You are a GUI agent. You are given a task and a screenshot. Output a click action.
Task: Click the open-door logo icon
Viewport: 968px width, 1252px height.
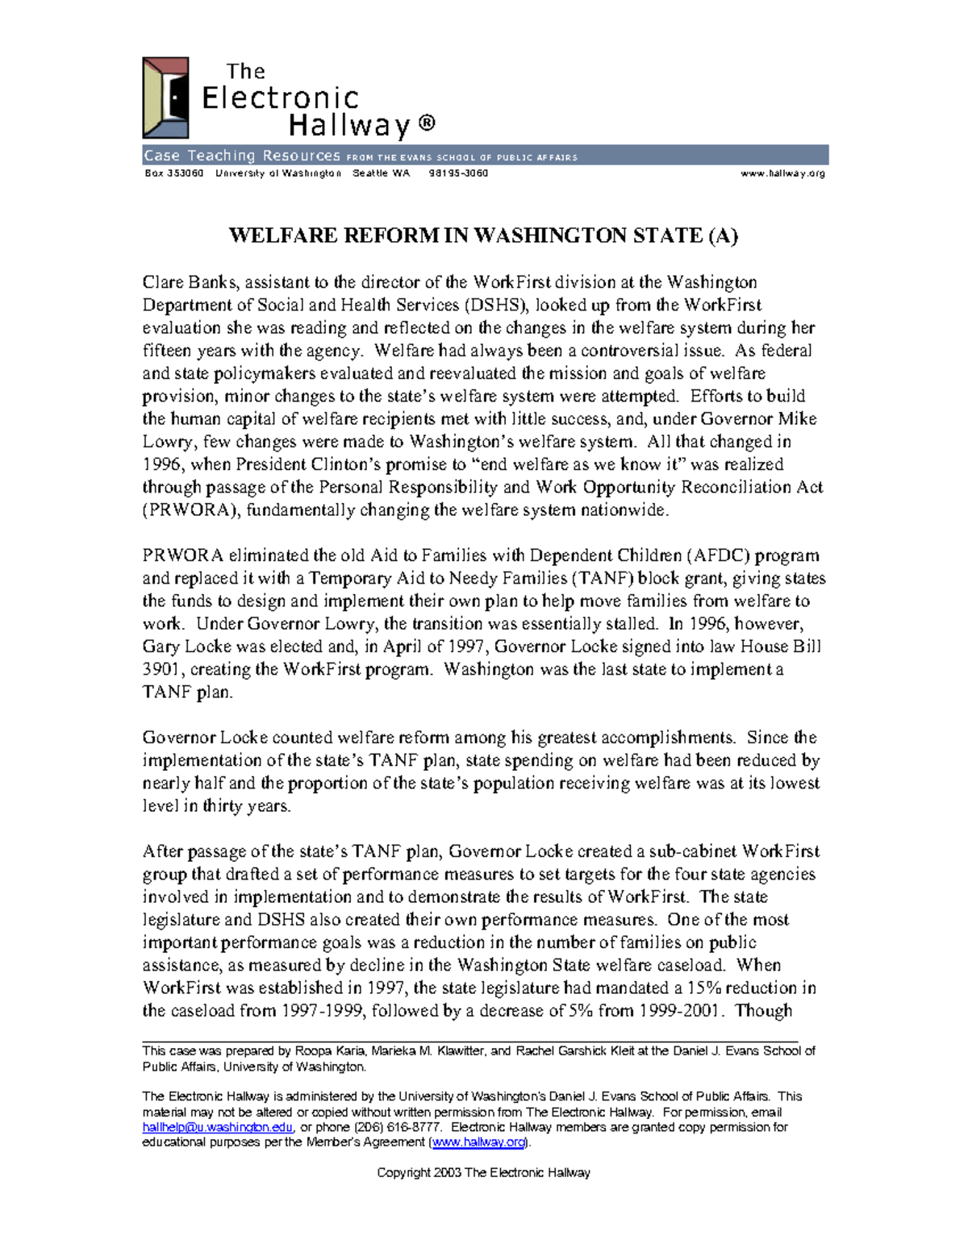tap(165, 98)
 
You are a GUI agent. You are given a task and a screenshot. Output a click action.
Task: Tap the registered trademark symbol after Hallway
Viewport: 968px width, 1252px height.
tap(427, 123)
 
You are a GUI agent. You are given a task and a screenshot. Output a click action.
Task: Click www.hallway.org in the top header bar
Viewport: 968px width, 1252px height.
tap(782, 173)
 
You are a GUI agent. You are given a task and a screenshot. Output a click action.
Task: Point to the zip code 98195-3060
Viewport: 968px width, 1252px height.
tap(458, 173)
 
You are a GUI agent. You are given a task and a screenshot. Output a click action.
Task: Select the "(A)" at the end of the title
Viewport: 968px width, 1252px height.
tap(723, 235)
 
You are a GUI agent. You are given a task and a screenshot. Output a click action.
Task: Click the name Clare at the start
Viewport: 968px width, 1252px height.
tap(163, 282)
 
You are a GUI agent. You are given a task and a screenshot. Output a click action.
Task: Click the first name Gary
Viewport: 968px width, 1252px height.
tap(161, 647)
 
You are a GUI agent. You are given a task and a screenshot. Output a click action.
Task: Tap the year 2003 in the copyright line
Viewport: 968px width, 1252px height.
tap(447, 1172)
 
